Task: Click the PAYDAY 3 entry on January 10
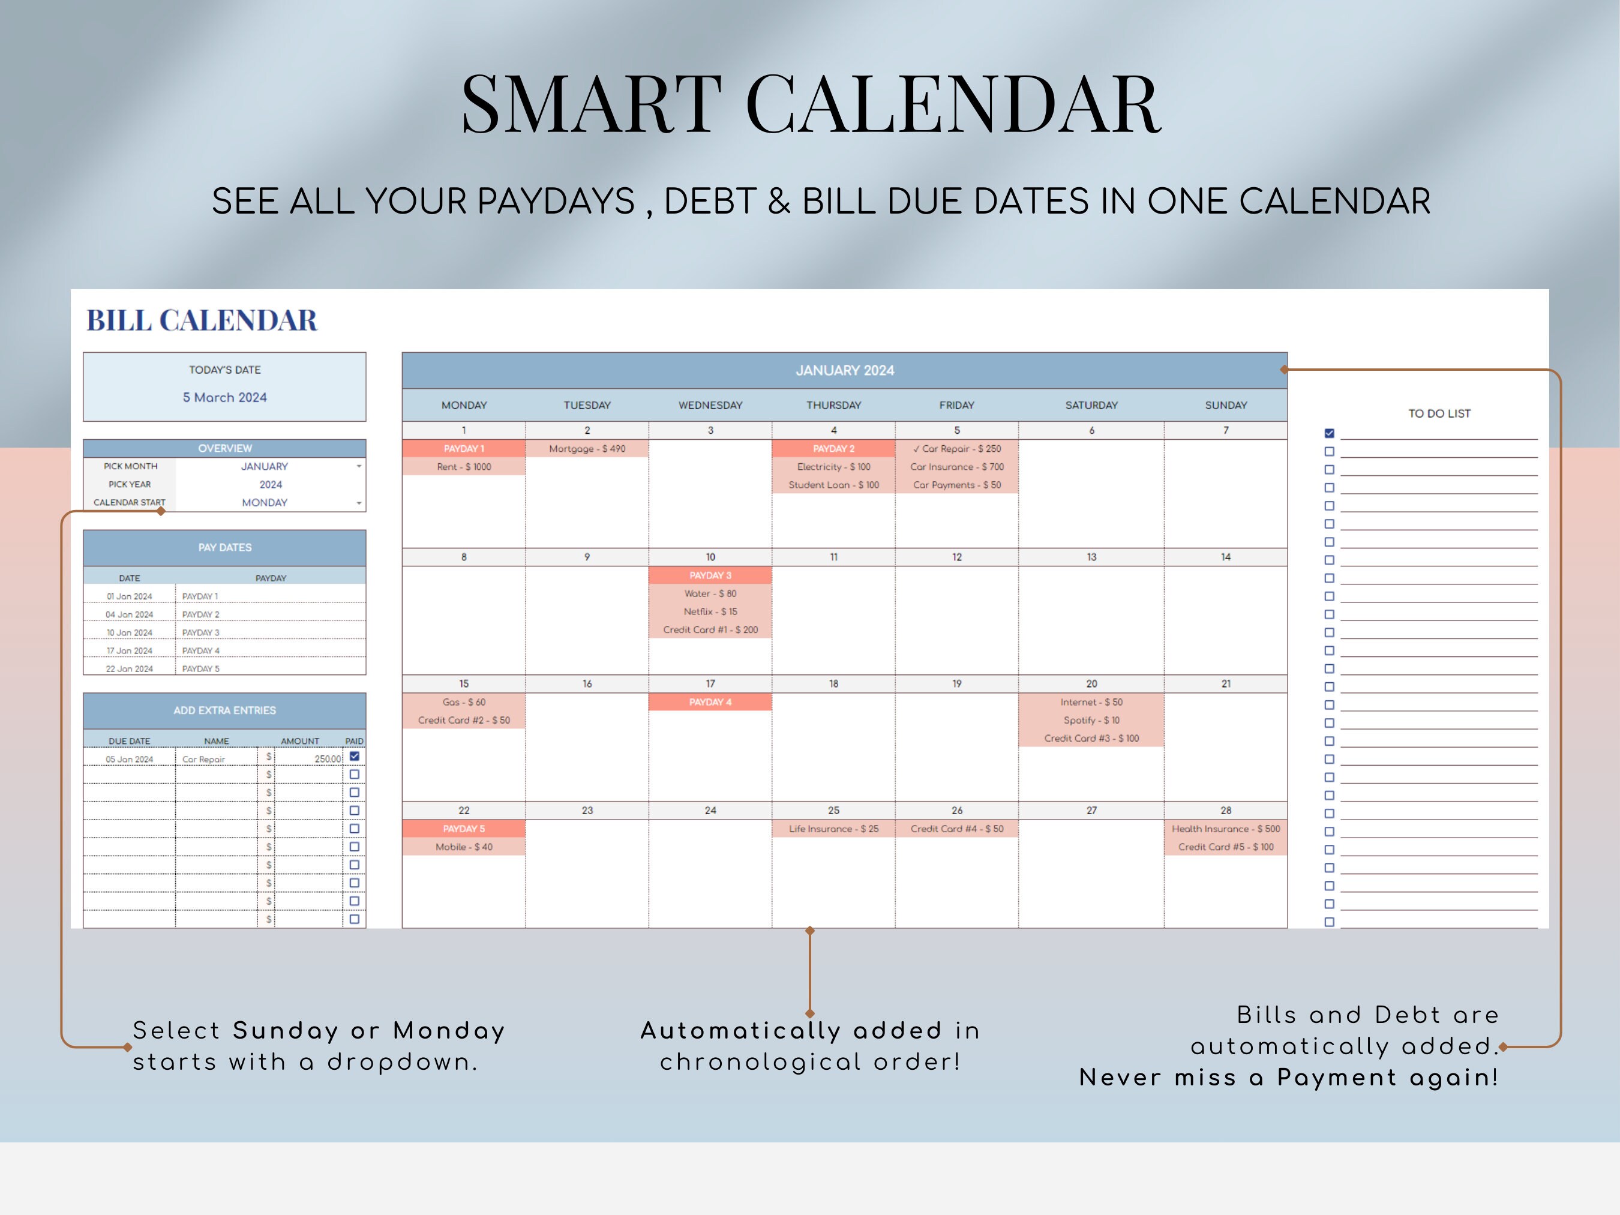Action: point(710,575)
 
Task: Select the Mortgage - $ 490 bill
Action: point(587,449)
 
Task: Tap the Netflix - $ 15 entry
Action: point(710,611)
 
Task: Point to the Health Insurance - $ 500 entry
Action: point(1225,829)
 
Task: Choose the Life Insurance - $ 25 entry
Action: point(833,829)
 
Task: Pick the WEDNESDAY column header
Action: point(710,405)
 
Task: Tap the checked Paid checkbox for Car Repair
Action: point(355,757)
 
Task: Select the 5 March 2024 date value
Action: point(225,398)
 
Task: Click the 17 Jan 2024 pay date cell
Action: point(130,651)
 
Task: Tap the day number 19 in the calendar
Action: point(956,684)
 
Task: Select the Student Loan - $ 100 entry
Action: point(833,485)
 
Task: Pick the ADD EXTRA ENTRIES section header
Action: point(225,710)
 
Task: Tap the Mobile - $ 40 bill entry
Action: point(464,847)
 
